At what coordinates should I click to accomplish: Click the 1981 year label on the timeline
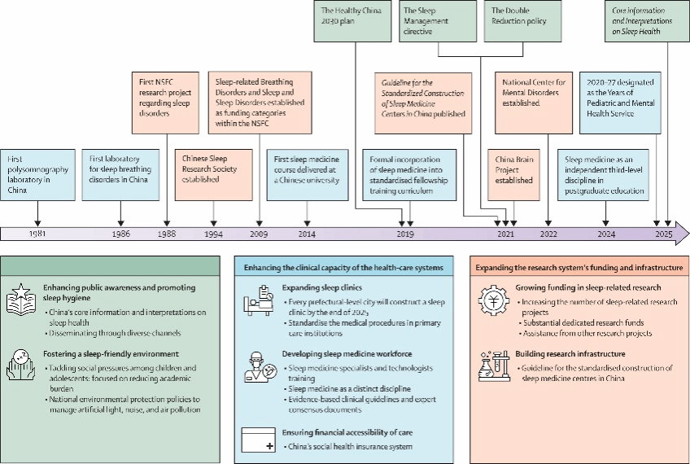(x=37, y=233)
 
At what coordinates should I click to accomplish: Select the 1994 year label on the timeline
(x=214, y=233)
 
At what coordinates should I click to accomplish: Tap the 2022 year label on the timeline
(x=548, y=233)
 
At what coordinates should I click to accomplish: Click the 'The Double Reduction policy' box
(x=522, y=20)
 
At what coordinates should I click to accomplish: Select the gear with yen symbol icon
(x=493, y=301)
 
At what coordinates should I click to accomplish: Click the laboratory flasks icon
(x=493, y=366)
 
